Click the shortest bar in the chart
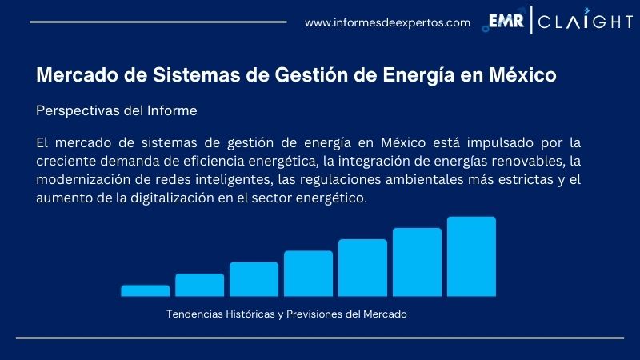click(146, 290)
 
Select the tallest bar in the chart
click(471, 256)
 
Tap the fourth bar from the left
click(308, 274)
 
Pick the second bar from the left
click(200, 285)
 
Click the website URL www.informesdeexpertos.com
click(387, 22)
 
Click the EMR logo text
click(506, 22)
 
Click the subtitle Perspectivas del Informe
click(117, 111)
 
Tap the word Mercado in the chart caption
click(385, 314)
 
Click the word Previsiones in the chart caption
click(307, 314)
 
